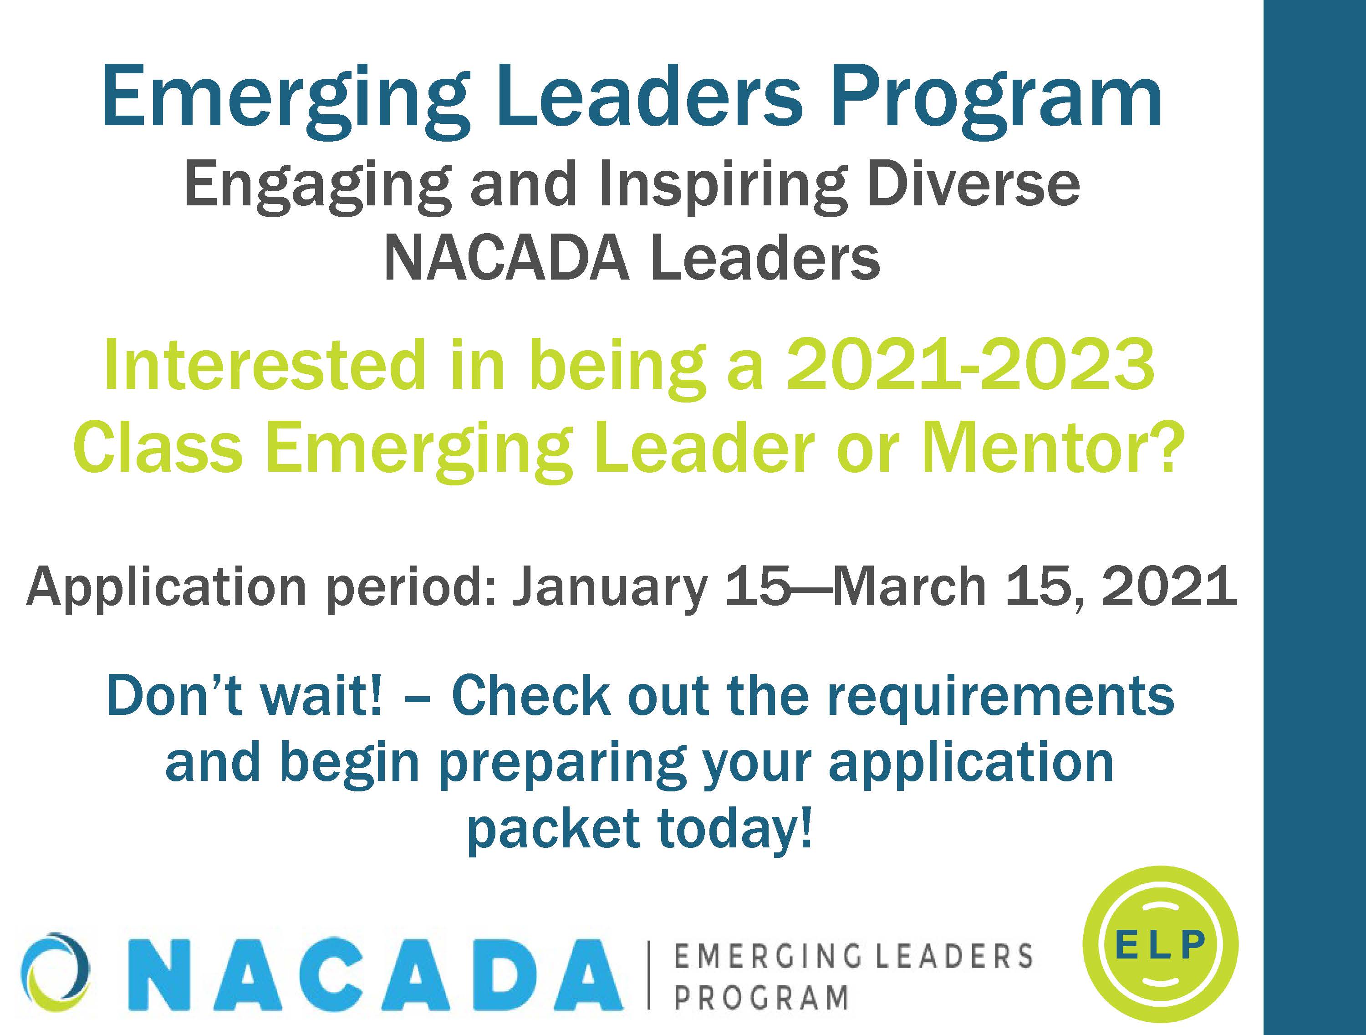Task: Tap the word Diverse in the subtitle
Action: (973, 184)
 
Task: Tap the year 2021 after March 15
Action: (1170, 586)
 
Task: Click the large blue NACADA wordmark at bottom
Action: (383, 974)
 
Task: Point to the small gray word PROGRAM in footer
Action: (761, 999)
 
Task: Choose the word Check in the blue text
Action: (531, 696)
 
